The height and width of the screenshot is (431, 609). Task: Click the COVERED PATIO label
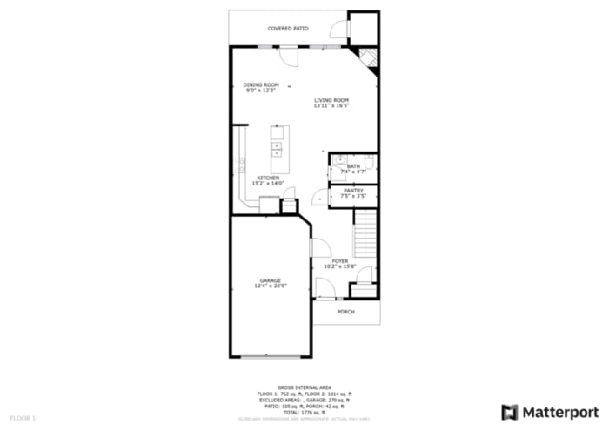click(x=288, y=29)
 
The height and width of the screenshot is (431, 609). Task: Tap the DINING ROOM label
click(x=261, y=84)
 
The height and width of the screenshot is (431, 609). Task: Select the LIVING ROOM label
click(x=331, y=100)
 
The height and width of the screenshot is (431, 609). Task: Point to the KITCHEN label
click(x=267, y=178)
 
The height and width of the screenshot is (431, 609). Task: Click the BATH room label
click(x=353, y=166)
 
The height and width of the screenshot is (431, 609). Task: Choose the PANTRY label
click(x=352, y=190)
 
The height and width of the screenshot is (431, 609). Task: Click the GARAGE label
click(x=270, y=280)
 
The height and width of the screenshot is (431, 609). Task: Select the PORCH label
click(x=346, y=312)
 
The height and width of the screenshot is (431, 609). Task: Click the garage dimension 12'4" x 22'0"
click(x=271, y=286)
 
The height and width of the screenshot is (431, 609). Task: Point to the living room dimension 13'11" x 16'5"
click(x=331, y=105)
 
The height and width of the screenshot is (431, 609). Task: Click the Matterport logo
click(x=550, y=412)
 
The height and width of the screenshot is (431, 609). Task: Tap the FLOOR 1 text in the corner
click(x=23, y=419)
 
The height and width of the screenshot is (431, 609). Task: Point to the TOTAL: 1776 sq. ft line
click(x=304, y=411)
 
